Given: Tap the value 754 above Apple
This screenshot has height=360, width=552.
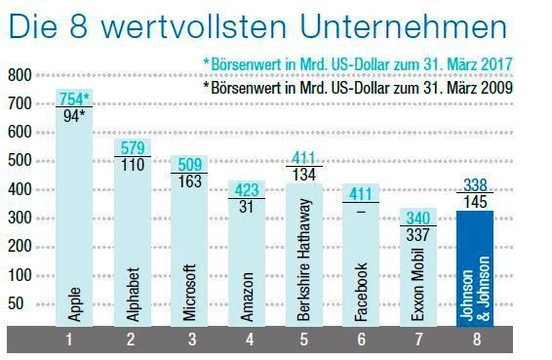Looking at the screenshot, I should click(72, 98).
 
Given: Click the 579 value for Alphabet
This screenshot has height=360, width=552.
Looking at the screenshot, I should click(132, 147).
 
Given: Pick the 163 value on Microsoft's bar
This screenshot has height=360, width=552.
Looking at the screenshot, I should click(189, 180).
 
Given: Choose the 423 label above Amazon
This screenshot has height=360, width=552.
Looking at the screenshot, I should click(247, 190).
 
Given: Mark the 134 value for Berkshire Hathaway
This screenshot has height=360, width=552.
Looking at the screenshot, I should click(303, 175).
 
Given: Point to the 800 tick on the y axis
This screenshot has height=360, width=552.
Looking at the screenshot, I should click(20, 75).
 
